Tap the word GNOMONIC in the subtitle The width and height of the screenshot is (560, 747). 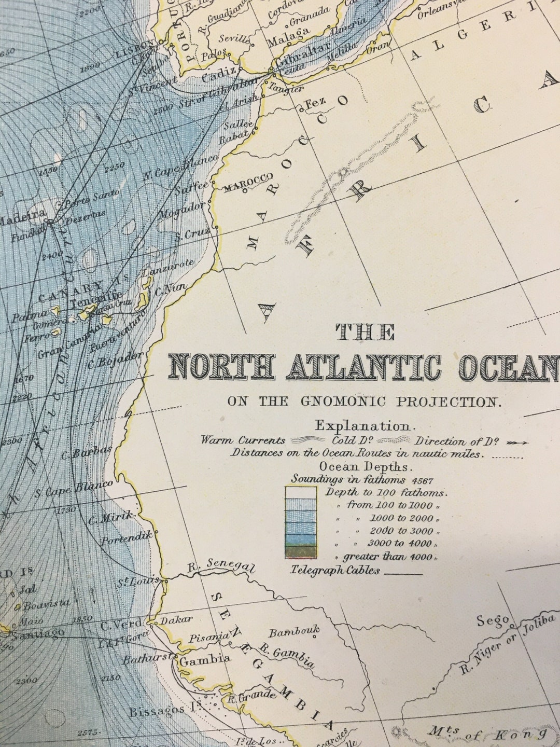[343, 401]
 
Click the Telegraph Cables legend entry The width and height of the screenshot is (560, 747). [335, 570]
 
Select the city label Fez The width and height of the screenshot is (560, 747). [316, 103]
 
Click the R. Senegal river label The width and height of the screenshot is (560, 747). [221, 565]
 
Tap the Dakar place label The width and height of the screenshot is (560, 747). [176, 619]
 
